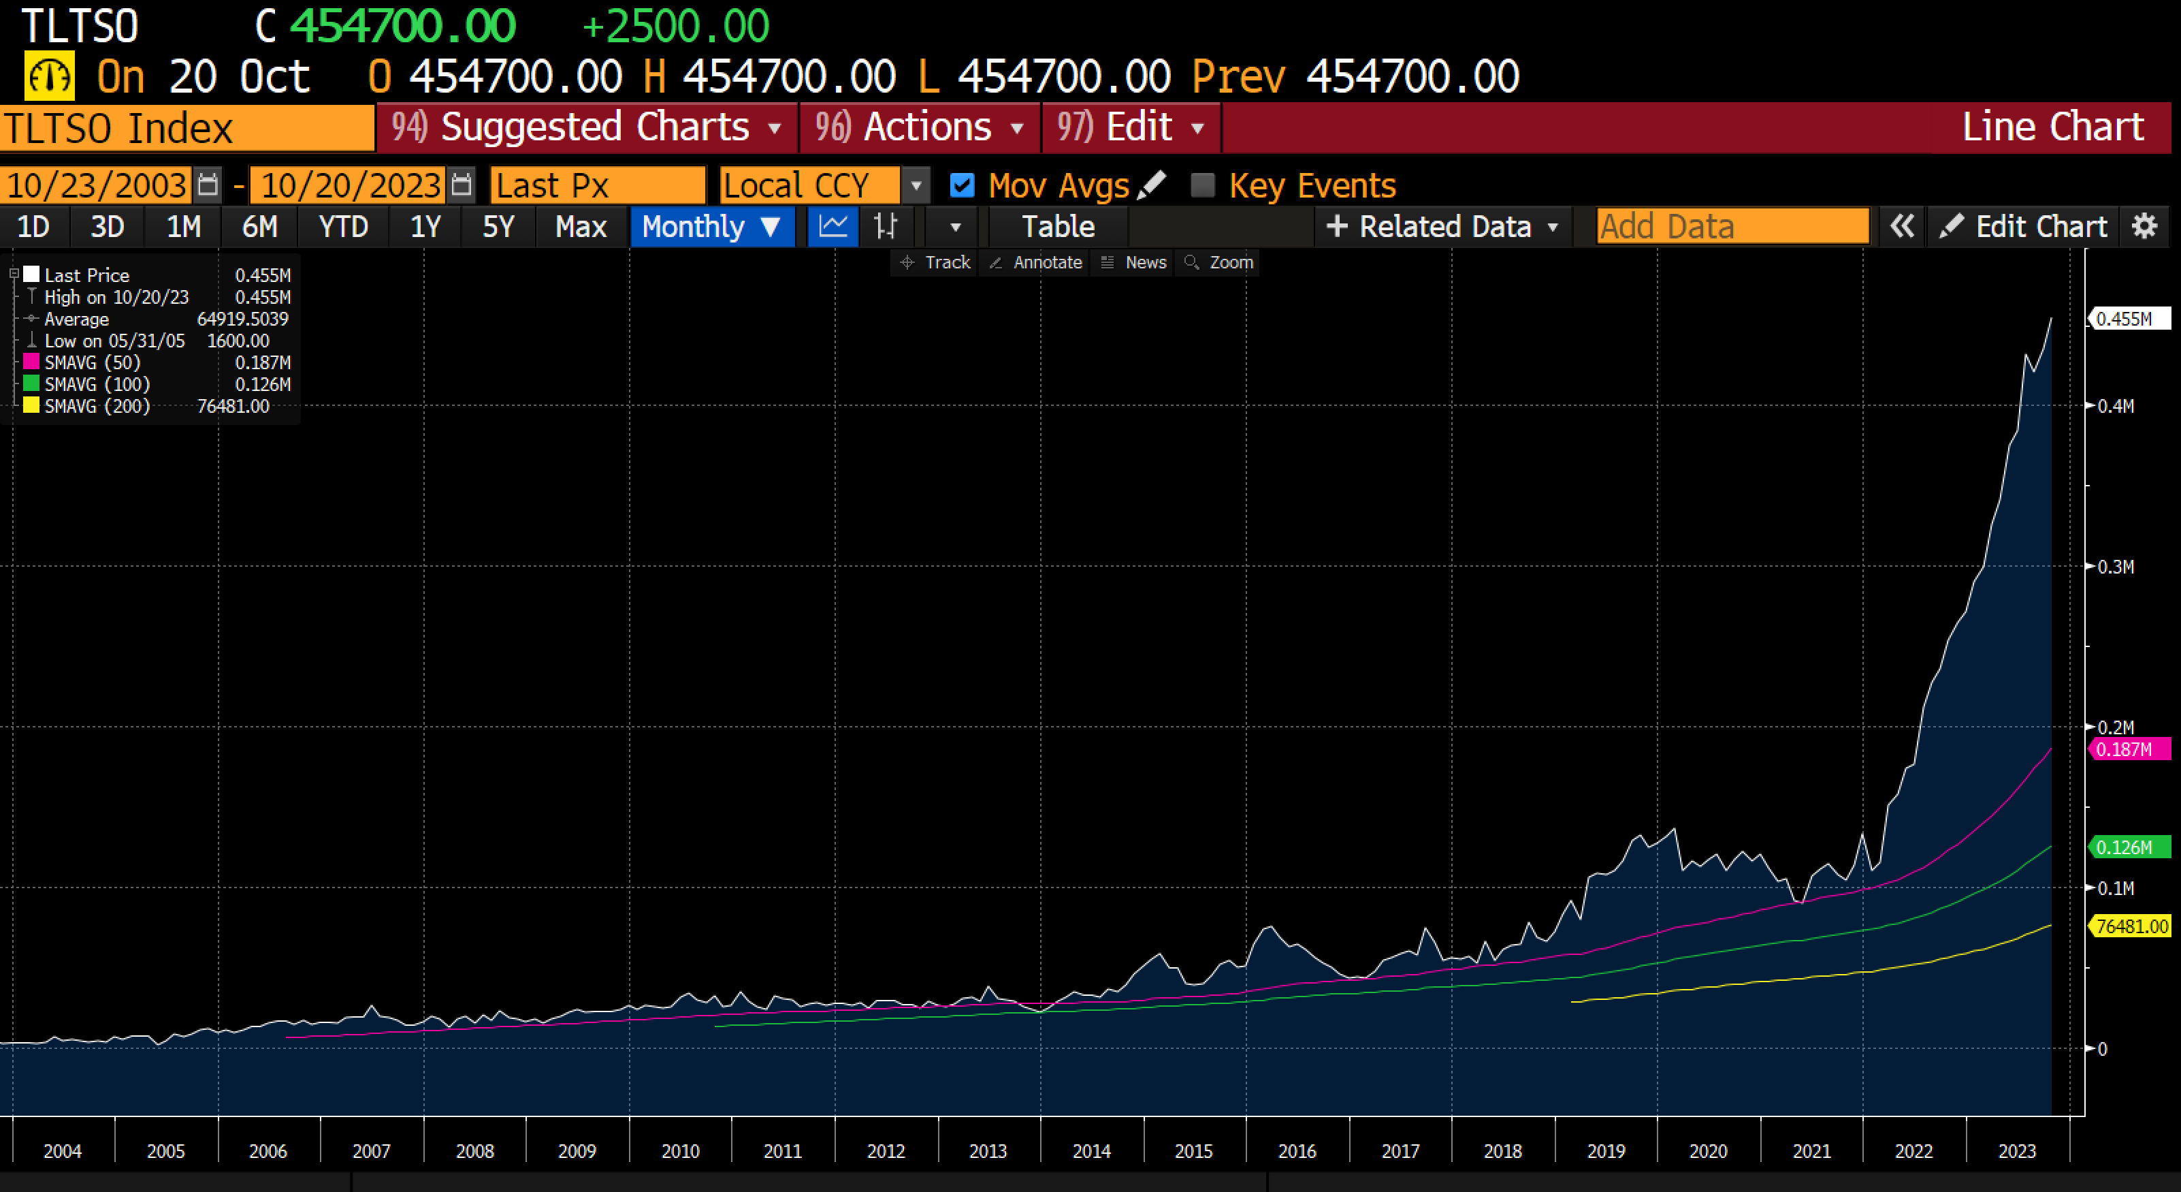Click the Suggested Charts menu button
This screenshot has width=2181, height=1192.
(x=586, y=128)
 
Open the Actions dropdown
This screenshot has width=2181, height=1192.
(x=920, y=128)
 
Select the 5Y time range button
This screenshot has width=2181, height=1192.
(x=498, y=227)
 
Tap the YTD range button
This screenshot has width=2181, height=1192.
(x=343, y=227)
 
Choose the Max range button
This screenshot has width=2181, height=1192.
(x=581, y=227)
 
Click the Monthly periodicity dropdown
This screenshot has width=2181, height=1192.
(x=711, y=227)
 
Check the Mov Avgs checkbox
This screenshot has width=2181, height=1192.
(x=962, y=185)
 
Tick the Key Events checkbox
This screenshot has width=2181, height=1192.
(x=1202, y=185)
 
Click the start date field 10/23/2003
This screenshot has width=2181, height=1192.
(x=97, y=185)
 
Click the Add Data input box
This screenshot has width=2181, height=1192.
(x=1732, y=227)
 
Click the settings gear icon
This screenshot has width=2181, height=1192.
(x=2145, y=227)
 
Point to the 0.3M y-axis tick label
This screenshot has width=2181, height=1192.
(x=2116, y=567)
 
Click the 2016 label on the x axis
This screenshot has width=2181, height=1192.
(x=1297, y=1151)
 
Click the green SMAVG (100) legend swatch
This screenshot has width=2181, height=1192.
(x=31, y=383)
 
